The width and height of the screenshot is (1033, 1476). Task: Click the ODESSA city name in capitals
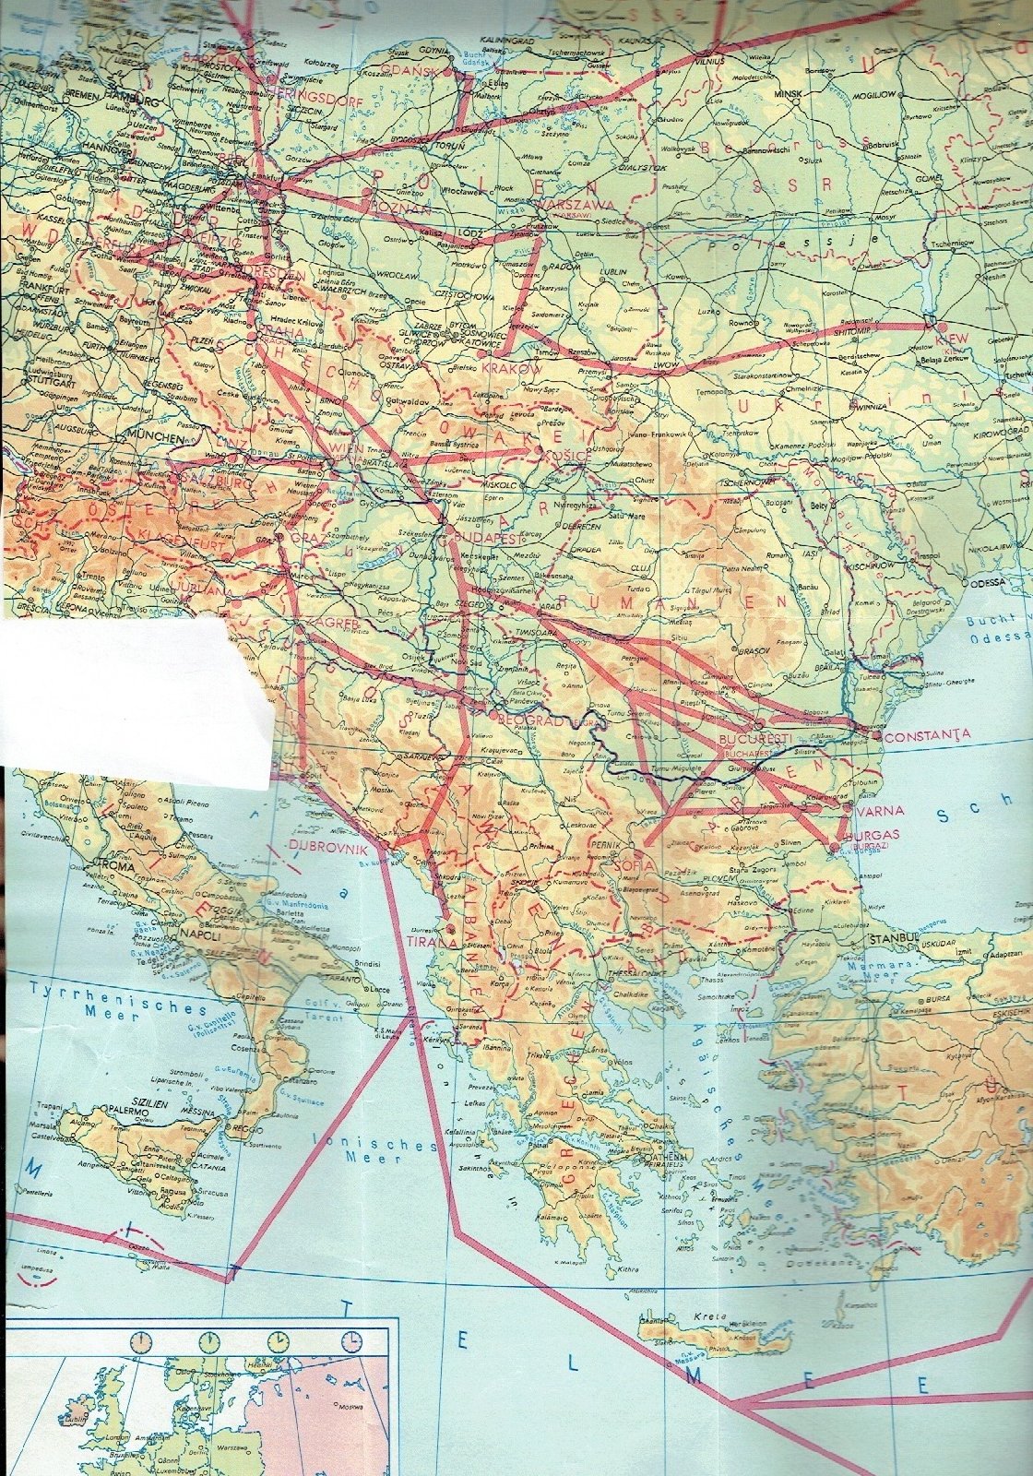point(989,583)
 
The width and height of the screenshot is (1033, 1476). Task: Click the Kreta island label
point(712,1315)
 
